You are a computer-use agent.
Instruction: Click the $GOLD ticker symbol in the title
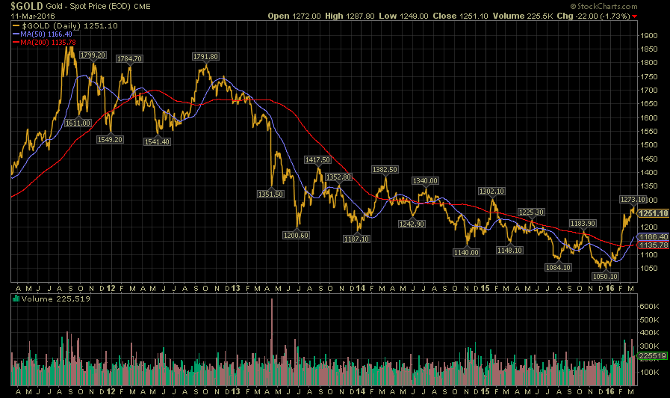(x=27, y=6)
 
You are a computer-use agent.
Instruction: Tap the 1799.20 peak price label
(x=93, y=55)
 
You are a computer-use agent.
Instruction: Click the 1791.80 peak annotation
(x=205, y=57)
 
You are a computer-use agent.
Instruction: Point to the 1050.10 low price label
(x=605, y=277)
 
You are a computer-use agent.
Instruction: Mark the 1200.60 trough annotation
(x=296, y=236)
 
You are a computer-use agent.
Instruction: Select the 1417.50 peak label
(x=317, y=159)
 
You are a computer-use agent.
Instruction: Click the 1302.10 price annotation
(x=491, y=192)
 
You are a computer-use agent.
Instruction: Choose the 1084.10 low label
(x=558, y=268)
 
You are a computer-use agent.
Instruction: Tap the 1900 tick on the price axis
(x=648, y=35)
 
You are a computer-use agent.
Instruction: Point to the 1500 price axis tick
(x=648, y=145)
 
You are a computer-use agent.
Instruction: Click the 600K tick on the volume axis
(x=649, y=307)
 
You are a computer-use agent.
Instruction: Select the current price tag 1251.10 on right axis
(x=653, y=213)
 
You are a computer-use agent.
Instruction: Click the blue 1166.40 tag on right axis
(x=653, y=236)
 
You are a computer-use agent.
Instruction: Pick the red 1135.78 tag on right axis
(x=653, y=245)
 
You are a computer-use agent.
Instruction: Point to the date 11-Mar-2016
(x=33, y=16)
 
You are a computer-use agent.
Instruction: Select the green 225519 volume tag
(x=652, y=356)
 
